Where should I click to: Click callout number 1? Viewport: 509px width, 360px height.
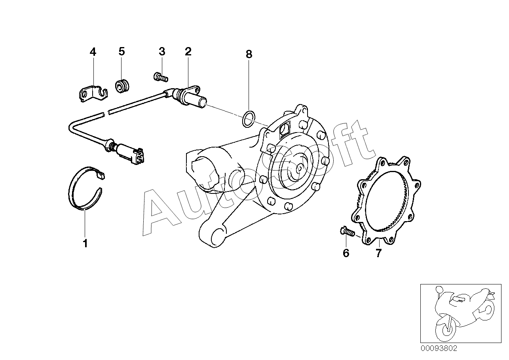pyautogui.click(x=85, y=243)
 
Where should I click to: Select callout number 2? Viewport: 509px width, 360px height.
pyautogui.click(x=188, y=51)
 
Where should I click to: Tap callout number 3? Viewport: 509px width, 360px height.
pyautogui.click(x=162, y=51)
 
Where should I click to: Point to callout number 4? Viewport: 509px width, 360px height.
pyautogui.click(x=93, y=51)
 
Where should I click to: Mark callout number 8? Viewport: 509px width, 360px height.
pyautogui.click(x=249, y=54)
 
